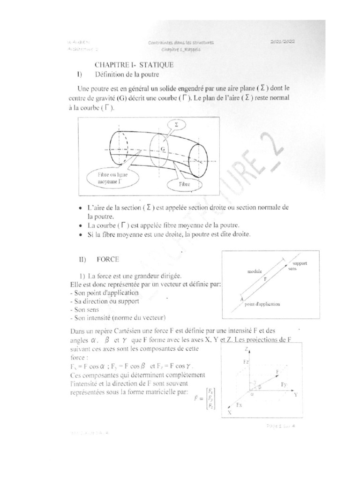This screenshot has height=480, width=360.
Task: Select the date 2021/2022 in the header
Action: (x=282, y=42)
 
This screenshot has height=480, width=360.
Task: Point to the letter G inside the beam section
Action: (x=163, y=150)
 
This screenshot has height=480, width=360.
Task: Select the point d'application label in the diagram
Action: (x=262, y=304)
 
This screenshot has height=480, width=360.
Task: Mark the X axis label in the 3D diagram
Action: (x=230, y=412)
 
